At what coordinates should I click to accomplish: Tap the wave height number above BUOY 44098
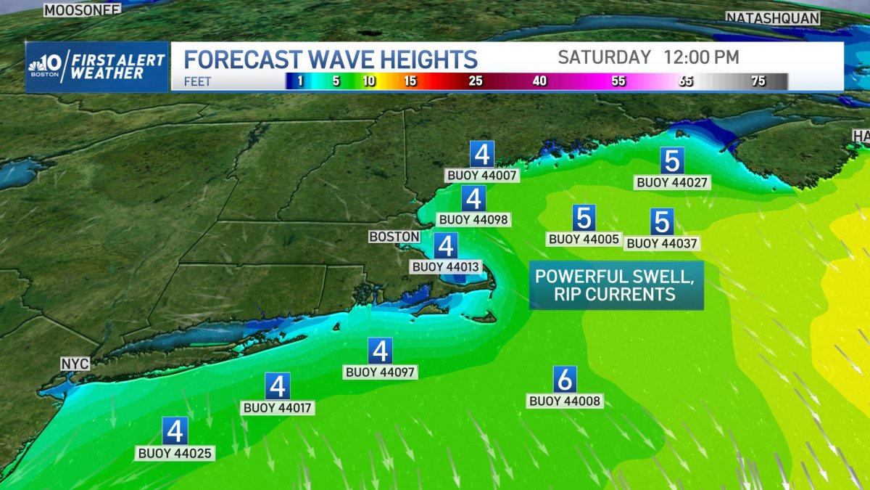(x=473, y=198)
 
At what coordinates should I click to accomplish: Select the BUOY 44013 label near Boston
(x=446, y=266)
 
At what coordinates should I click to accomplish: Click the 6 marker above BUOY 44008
(x=565, y=379)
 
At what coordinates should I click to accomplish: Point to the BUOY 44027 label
(x=672, y=182)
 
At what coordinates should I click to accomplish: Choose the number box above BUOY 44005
(x=584, y=218)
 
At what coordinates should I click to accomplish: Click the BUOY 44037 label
(x=663, y=244)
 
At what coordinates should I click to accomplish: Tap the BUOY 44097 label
(x=381, y=372)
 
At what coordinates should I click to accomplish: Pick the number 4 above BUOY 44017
(x=277, y=385)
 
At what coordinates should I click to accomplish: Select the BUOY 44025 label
(x=175, y=453)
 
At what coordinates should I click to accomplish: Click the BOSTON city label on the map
(x=394, y=237)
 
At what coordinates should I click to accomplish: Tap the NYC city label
(x=75, y=363)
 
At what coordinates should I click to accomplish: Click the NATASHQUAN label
(x=773, y=18)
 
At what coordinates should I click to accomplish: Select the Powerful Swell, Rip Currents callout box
(x=616, y=285)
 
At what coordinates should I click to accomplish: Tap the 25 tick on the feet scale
(x=475, y=81)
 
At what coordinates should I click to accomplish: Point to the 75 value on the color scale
(x=758, y=81)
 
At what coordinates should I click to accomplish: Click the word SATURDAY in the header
(x=605, y=57)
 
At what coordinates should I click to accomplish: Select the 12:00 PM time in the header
(x=701, y=57)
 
